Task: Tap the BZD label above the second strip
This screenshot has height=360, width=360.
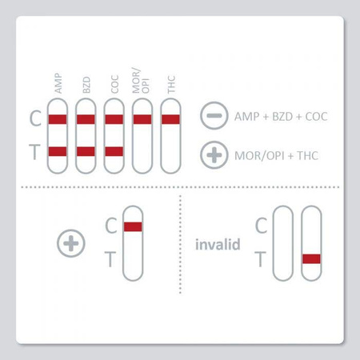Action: pyautogui.click(x=86, y=86)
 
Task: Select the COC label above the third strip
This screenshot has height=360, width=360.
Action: pyautogui.click(x=114, y=86)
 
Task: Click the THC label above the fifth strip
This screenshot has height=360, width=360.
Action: pyautogui.click(x=170, y=86)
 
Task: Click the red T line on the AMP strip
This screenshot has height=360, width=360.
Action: pyautogui.click(x=58, y=151)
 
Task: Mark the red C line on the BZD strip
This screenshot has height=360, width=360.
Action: pyautogui.click(x=86, y=120)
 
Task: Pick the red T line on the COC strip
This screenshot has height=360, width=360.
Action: pyautogui.click(x=114, y=151)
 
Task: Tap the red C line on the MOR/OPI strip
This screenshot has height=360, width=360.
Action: pyautogui.click(x=142, y=120)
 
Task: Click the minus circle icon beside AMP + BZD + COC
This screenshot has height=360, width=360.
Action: pyautogui.click(x=212, y=116)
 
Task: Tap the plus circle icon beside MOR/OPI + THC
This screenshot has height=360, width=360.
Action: pyautogui.click(x=212, y=154)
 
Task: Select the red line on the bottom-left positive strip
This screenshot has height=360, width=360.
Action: pyautogui.click(x=133, y=226)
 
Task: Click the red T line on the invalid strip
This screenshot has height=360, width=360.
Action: pyautogui.click(x=310, y=258)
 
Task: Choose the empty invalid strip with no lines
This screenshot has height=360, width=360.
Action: pyautogui.click(x=282, y=243)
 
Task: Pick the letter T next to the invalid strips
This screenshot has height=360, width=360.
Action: pyautogui.click(x=259, y=258)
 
